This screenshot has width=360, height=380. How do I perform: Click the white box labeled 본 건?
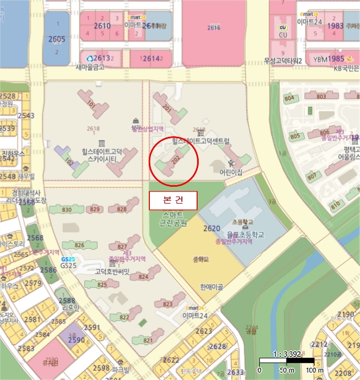173,200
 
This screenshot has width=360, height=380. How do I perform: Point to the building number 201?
167,109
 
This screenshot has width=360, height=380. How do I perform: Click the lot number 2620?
211,229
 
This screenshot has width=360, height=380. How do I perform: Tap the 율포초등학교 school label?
245,235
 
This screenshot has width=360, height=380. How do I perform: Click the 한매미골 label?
211,287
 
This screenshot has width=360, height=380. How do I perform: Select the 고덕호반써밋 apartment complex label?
112,271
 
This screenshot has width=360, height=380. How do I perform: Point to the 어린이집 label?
231,172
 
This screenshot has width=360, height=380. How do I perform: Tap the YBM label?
320,59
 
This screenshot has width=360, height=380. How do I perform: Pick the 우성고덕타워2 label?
283,61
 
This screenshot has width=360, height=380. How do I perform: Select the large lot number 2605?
56,39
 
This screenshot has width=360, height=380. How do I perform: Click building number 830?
67,210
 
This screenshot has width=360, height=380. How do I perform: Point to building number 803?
321,97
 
